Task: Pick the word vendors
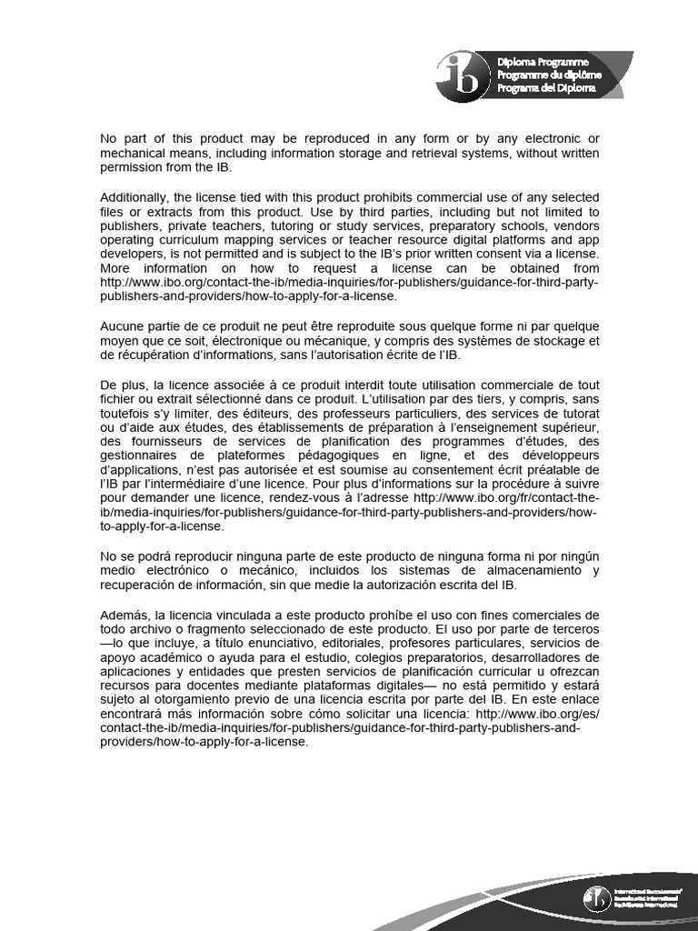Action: coord(575,225)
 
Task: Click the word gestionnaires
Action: coord(138,454)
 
